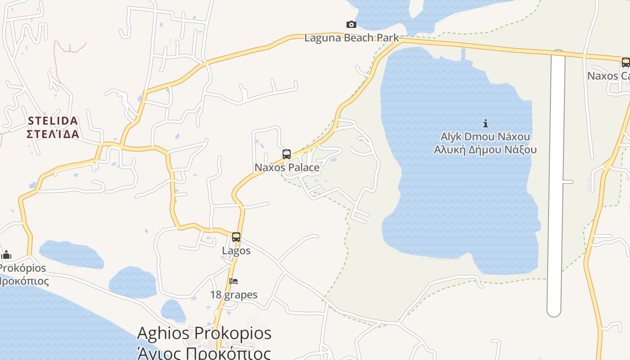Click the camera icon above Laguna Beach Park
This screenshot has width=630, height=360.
pos(351,24)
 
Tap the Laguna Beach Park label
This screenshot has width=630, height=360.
pos(351,37)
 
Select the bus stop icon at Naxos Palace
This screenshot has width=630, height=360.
pos(287,154)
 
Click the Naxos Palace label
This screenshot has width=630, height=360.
pos(287,167)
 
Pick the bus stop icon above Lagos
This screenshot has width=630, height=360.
pos(236,237)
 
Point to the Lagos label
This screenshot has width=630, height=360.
pos(236,250)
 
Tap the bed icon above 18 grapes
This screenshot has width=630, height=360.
pos(234,281)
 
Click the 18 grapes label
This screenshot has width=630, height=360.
pos(234,295)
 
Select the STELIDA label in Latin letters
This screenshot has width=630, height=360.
pos(53,121)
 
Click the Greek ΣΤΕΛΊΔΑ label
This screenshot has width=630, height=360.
pos(53,134)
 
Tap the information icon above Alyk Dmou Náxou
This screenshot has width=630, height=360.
pos(486,123)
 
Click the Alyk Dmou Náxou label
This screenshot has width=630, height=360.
pos(486,136)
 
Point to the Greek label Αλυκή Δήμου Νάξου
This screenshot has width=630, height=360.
pos(486,149)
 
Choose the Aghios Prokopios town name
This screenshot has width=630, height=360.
pos(204,333)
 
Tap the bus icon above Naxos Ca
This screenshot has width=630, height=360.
pos(625,63)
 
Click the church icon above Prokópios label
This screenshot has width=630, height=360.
pos(6,255)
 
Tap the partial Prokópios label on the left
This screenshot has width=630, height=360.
pos(22,268)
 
